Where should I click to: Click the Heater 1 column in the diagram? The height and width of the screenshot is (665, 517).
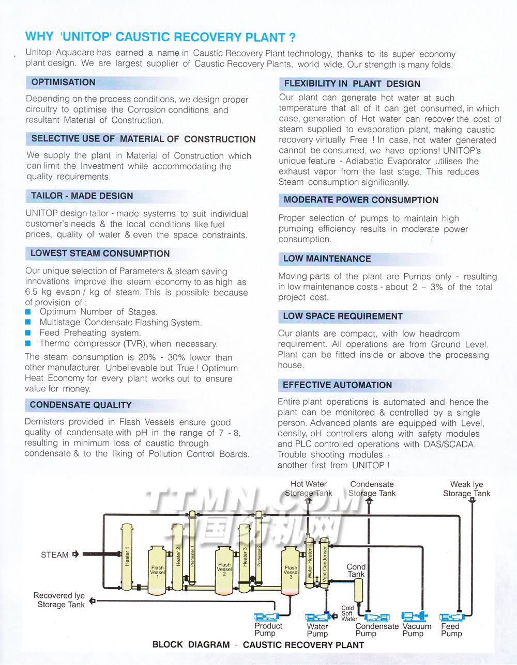pyautogui.click(x=127, y=558)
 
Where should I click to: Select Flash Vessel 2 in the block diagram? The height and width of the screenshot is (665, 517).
pyautogui.click(x=224, y=571)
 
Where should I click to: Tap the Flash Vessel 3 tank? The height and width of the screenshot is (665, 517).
pyautogui.click(x=291, y=571)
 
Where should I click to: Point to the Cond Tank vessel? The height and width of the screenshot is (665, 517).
pyautogui.click(x=357, y=591)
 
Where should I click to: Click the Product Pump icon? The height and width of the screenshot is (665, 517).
pyautogui.click(x=266, y=616)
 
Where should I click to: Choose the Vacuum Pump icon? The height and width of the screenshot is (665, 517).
pyautogui.click(x=414, y=616)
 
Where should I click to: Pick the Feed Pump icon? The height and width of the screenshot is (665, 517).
pyautogui.click(x=451, y=617)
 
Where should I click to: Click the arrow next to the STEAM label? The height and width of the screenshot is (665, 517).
pyautogui.click(x=75, y=555)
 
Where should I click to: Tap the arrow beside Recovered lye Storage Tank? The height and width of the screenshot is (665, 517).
pyautogui.click(x=92, y=600)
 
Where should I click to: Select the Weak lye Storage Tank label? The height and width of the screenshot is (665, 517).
pyautogui.click(x=466, y=489)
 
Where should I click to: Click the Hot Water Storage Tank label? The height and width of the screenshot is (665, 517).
pyautogui.click(x=309, y=488)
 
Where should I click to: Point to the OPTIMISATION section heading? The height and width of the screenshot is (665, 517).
pyautogui.click(x=63, y=83)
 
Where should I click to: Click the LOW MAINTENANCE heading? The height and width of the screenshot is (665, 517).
pyautogui.click(x=327, y=259)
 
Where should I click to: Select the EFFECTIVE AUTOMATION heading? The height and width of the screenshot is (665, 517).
pyautogui.click(x=337, y=385)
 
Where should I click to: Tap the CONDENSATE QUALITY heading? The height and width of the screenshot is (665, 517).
pyautogui.click(x=81, y=405)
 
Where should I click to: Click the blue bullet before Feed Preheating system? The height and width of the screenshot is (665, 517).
pyautogui.click(x=28, y=333)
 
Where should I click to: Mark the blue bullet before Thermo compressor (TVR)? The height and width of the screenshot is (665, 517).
pyautogui.click(x=28, y=344)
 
